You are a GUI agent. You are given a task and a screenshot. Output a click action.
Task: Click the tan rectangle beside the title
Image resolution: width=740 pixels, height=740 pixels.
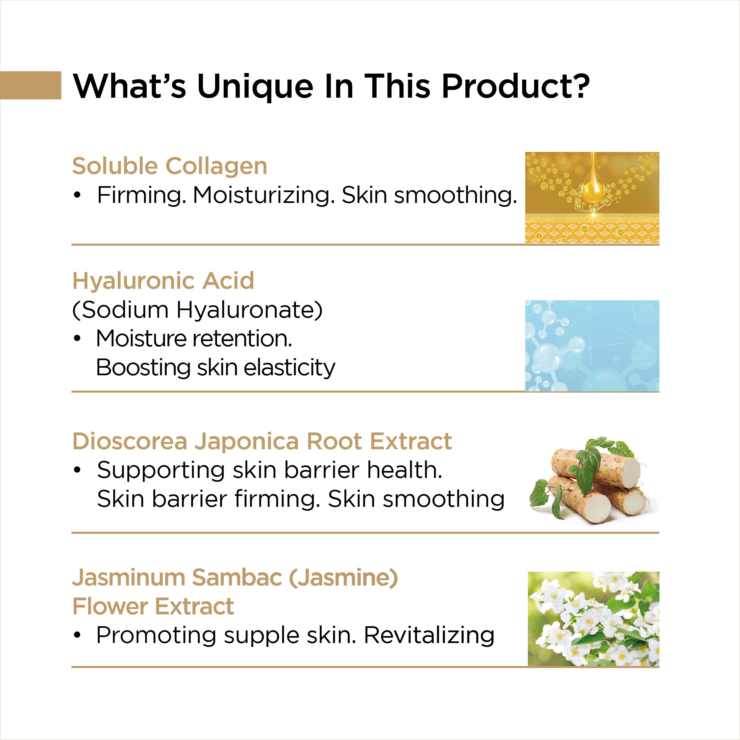(x=31, y=85)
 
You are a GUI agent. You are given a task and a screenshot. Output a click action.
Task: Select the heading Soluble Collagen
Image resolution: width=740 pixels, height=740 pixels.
(x=170, y=166)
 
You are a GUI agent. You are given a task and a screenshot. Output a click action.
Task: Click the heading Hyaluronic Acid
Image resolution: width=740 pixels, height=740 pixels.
(x=163, y=281)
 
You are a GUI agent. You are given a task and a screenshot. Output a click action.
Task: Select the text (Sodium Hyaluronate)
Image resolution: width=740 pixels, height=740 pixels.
(x=197, y=310)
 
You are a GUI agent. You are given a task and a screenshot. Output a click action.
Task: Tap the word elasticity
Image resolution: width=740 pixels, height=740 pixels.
(x=289, y=368)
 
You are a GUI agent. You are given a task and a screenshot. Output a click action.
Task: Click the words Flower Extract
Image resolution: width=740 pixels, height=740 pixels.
(x=153, y=606)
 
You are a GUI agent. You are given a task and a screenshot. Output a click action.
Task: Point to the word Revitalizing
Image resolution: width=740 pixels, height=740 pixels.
(x=429, y=636)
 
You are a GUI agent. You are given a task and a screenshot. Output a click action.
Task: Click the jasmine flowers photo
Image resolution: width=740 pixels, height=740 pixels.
(x=594, y=619)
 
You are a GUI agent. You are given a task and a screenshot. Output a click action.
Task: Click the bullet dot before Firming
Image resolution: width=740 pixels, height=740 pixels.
(x=77, y=195)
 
